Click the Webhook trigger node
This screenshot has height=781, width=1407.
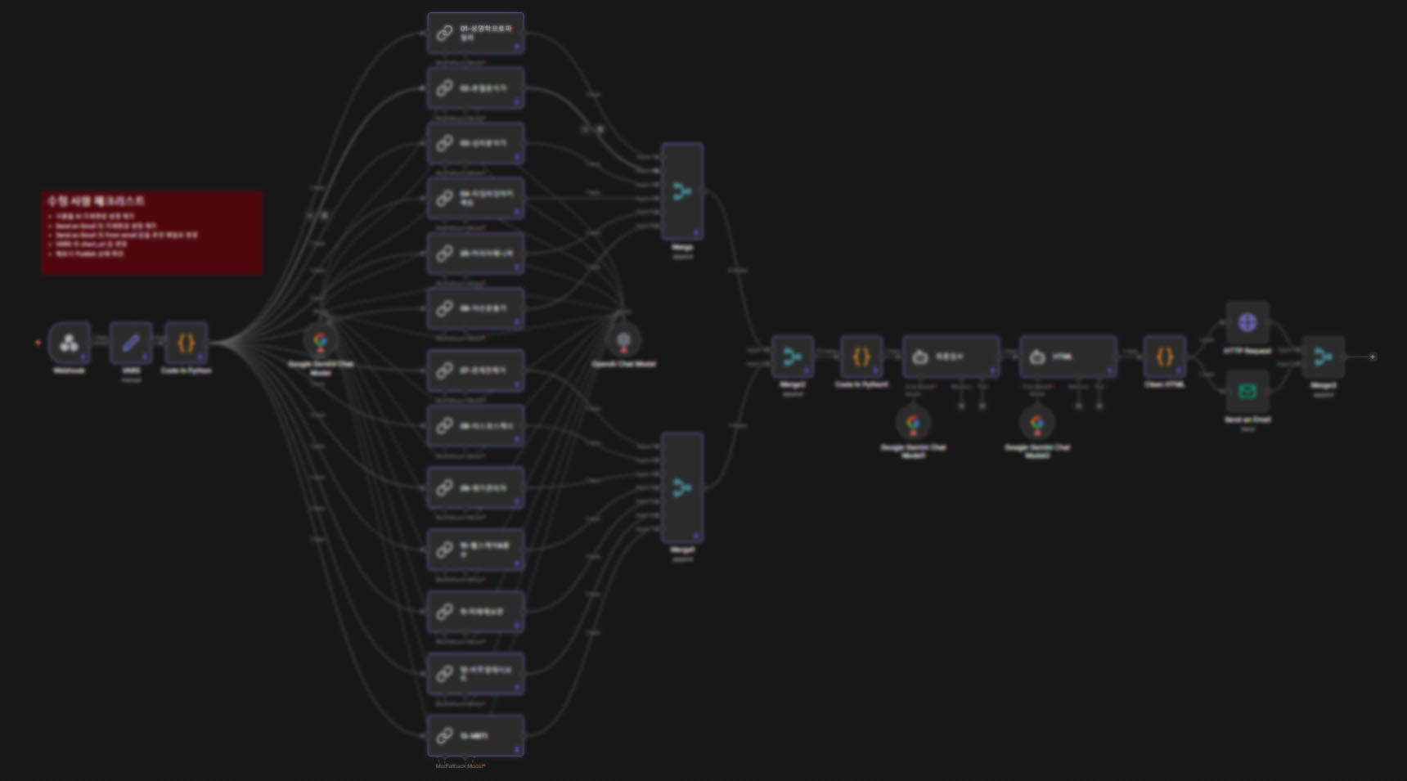click(69, 343)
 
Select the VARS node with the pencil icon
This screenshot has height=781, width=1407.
click(131, 343)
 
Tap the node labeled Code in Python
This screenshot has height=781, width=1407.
click(186, 343)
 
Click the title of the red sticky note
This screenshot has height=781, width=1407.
click(96, 200)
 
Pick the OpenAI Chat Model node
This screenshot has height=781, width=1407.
click(623, 339)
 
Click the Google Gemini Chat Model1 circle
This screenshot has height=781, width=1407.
click(913, 422)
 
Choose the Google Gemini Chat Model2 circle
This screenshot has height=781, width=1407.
click(1037, 422)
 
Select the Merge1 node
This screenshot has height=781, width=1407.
click(682, 487)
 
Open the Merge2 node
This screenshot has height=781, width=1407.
click(792, 357)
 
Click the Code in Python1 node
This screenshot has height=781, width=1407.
click(861, 357)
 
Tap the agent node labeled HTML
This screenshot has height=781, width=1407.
click(1068, 357)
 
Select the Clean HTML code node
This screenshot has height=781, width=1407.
click(1164, 357)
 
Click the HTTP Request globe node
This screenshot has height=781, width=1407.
click(1247, 322)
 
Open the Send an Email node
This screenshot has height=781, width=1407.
click(1247, 391)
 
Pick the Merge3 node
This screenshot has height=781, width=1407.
click(1323, 357)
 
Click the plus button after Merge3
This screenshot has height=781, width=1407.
click(1373, 357)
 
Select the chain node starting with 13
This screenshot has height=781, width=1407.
click(475, 735)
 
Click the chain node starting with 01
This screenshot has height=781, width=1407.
click(475, 34)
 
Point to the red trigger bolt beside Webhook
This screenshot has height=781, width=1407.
click(38, 343)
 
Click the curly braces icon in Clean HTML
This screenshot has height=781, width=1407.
click(1164, 357)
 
